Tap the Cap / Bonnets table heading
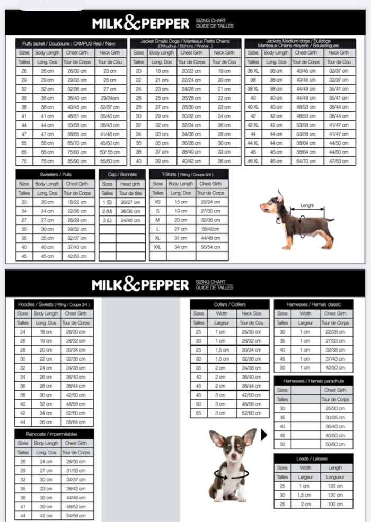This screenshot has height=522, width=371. (122, 174)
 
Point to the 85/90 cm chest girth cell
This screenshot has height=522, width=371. (77, 161)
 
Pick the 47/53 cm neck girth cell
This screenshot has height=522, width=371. (338, 161)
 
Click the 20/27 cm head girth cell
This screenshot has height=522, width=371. (130, 202)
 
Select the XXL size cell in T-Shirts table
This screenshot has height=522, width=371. (157, 247)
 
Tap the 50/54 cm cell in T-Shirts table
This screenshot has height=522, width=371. (211, 247)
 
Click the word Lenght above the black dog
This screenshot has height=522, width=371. (307, 205)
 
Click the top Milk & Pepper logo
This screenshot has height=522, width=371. (140, 23)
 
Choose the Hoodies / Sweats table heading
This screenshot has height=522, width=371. (54, 304)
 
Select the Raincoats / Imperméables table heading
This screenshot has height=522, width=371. (54, 434)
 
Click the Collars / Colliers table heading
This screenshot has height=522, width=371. (229, 304)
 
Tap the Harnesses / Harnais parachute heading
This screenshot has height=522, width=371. (313, 381)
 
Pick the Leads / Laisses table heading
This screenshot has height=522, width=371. (313, 458)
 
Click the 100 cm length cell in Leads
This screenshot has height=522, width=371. (335, 504)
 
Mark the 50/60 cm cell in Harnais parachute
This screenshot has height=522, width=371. (336, 444)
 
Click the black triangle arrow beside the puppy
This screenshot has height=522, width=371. (264, 435)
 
